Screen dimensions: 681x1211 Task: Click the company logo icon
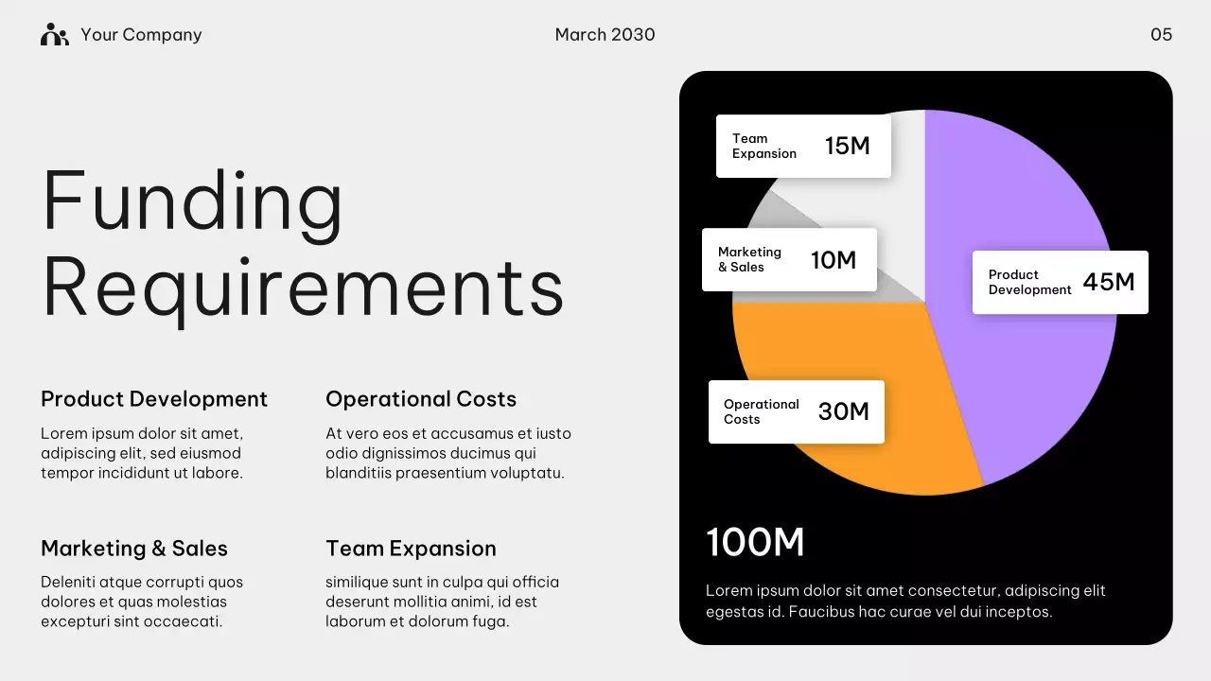coord(55,35)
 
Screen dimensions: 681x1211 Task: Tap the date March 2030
coord(605,35)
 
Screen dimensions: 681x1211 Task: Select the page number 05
coord(1161,35)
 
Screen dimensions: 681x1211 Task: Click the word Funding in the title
coord(193,201)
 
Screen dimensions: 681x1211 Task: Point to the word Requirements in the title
coord(303,288)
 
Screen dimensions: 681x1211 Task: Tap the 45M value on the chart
coord(1108,282)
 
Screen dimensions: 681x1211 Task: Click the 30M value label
coord(843,411)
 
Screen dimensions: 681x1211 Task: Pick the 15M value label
coord(847,146)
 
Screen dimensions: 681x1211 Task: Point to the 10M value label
coord(833,260)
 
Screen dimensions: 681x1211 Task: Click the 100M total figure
coord(755,543)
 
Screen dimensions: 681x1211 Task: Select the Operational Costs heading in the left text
coord(421,399)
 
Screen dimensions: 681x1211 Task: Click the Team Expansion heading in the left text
coord(411,549)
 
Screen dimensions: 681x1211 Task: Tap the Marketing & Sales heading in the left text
coord(134,549)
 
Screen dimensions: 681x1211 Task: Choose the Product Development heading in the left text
coord(154,399)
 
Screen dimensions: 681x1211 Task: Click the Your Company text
coord(141,35)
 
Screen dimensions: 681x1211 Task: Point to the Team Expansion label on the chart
coord(763,146)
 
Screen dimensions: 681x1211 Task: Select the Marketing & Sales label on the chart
coord(749,259)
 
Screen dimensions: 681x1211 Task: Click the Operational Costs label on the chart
coord(761,411)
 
